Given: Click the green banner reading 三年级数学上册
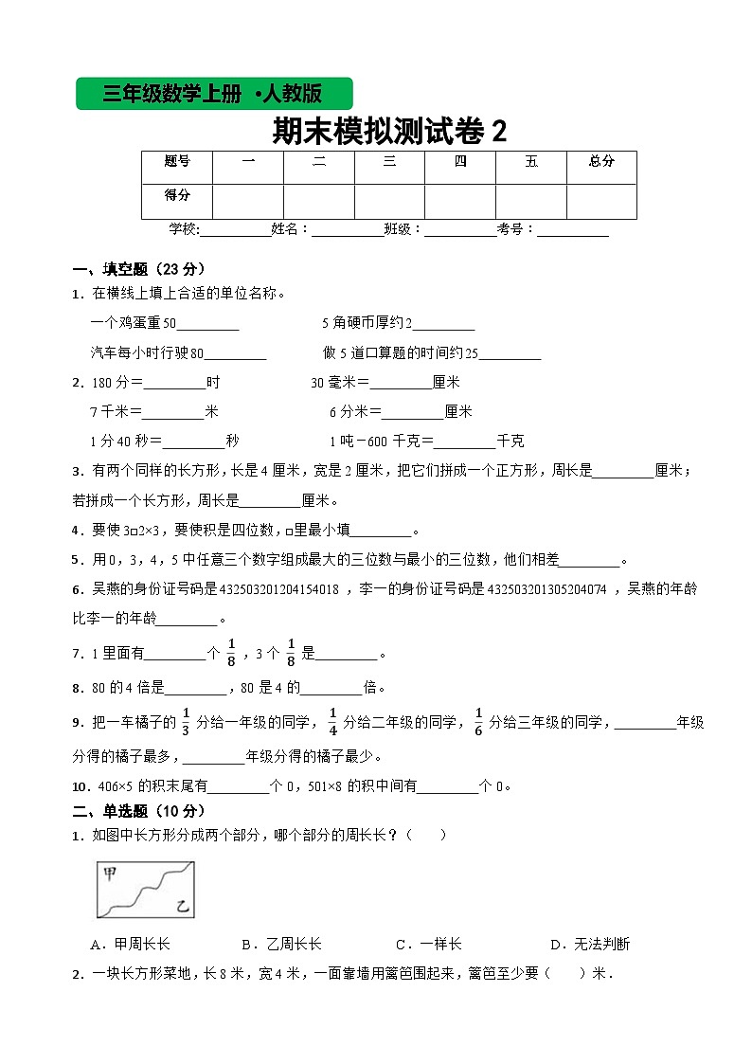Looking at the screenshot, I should (x=214, y=94).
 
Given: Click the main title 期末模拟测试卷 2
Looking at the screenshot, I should (x=389, y=131).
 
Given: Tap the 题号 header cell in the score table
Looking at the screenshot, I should (x=177, y=162).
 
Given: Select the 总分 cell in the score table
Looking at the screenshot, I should (x=601, y=162).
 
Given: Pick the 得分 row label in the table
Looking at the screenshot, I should (x=177, y=195).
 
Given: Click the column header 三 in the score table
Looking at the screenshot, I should (x=389, y=162).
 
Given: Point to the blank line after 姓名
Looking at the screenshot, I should (x=348, y=230).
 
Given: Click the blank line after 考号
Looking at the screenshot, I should (x=573, y=230).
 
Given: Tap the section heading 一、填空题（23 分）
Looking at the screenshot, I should (x=137, y=268).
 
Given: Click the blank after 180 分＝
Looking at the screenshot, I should (x=173, y=384).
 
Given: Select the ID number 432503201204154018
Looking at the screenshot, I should (x=279, y=589).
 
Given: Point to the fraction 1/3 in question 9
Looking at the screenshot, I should (x=187, y=721).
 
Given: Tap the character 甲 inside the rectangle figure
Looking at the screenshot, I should (x=110, y=874).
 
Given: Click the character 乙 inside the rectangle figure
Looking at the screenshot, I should (x=181, y=909).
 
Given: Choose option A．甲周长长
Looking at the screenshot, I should (x=130, y=944).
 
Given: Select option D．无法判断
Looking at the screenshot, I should (x=590, y=944).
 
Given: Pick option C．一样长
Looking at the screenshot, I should (x=429, y=944).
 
